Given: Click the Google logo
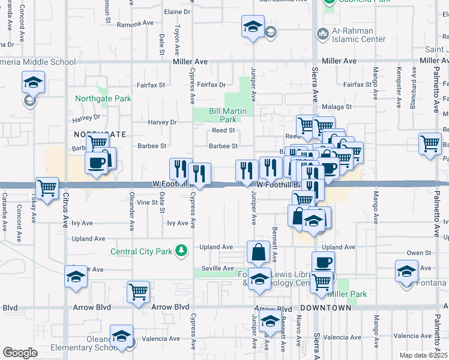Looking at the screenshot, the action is tap(20, 352).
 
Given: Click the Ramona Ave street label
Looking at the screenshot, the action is tap(136, 25).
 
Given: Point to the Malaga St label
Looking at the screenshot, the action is tap(335, 107).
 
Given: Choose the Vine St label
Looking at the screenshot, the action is tap(147, 203).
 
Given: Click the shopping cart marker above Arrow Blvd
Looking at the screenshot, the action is tap(139, 292).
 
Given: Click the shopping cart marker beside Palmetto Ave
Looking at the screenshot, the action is tap(430, 144).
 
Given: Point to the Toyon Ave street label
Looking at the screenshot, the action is tap(176, 37).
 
